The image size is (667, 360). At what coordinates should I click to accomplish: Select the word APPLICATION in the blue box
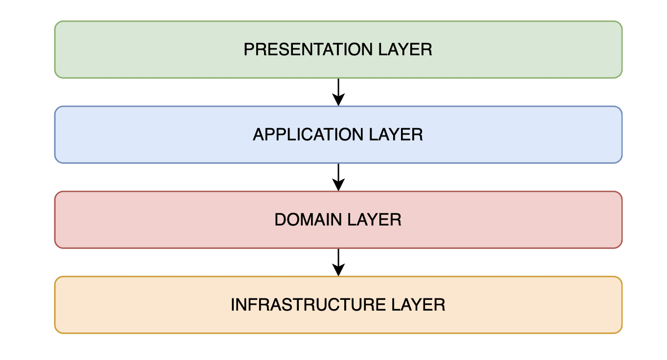pyautogui.click(x=308, y=135)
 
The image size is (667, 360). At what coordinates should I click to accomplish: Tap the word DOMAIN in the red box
pyautogui.click(x=308, y=220)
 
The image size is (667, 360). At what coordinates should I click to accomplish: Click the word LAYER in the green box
pyautogui.click(x=405, y=49)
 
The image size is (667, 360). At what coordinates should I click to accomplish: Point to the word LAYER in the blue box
pyautogui.click(x=396, y=135)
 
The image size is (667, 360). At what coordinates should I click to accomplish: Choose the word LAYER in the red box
pyautogui.click(x=374, y=220)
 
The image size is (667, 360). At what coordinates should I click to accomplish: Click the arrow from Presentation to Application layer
pyautogui.click(x=338, y=92)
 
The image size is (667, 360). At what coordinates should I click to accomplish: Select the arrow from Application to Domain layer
pyautogui.click(x=338, y=177)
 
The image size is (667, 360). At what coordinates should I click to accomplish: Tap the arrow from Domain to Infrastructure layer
pyautogui.click(x=338, y=262)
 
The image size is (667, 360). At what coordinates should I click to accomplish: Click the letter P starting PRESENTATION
pyautogui.click(x=249, y=49)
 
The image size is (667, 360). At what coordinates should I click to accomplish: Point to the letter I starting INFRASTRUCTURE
pyautogui.click(x=233, y=305)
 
